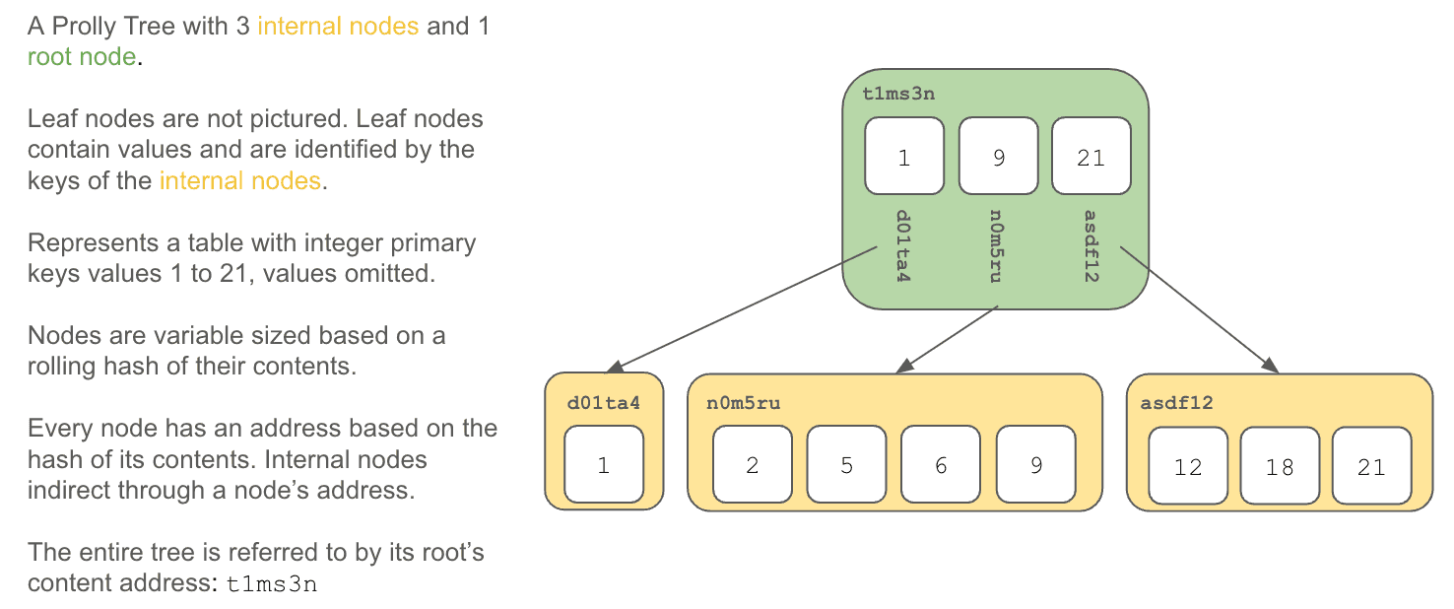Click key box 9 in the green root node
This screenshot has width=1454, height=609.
tap(998, 156)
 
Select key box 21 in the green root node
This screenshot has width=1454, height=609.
tap(1091, 156)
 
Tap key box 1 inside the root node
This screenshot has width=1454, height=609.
tap(904, 156)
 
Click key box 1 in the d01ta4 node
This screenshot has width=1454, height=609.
tap(604, 464)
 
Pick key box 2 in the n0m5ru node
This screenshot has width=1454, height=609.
tap(753, 464)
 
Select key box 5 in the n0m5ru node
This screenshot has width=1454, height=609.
tap(846, 464)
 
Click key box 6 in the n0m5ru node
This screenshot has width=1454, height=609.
tap(941, 464)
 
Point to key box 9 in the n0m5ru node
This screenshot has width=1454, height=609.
tap(1036, 464)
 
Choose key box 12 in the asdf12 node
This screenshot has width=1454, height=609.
tap(1188, 465)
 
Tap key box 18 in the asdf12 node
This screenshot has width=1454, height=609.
tap(1280, 465)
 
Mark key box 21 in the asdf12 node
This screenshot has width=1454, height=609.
tap(1371, 465)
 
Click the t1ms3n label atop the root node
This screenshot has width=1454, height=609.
tap(898, 94)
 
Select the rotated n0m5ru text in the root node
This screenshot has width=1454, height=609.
tap(996, 246)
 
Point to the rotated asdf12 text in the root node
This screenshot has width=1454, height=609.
tap(1091, 246)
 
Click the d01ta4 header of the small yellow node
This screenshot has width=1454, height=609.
tap(604, 403)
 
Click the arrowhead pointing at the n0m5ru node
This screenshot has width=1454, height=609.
tap(904, 367)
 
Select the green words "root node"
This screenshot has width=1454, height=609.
tap(82, 56)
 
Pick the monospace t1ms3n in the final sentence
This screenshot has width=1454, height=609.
tap(271, 584)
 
